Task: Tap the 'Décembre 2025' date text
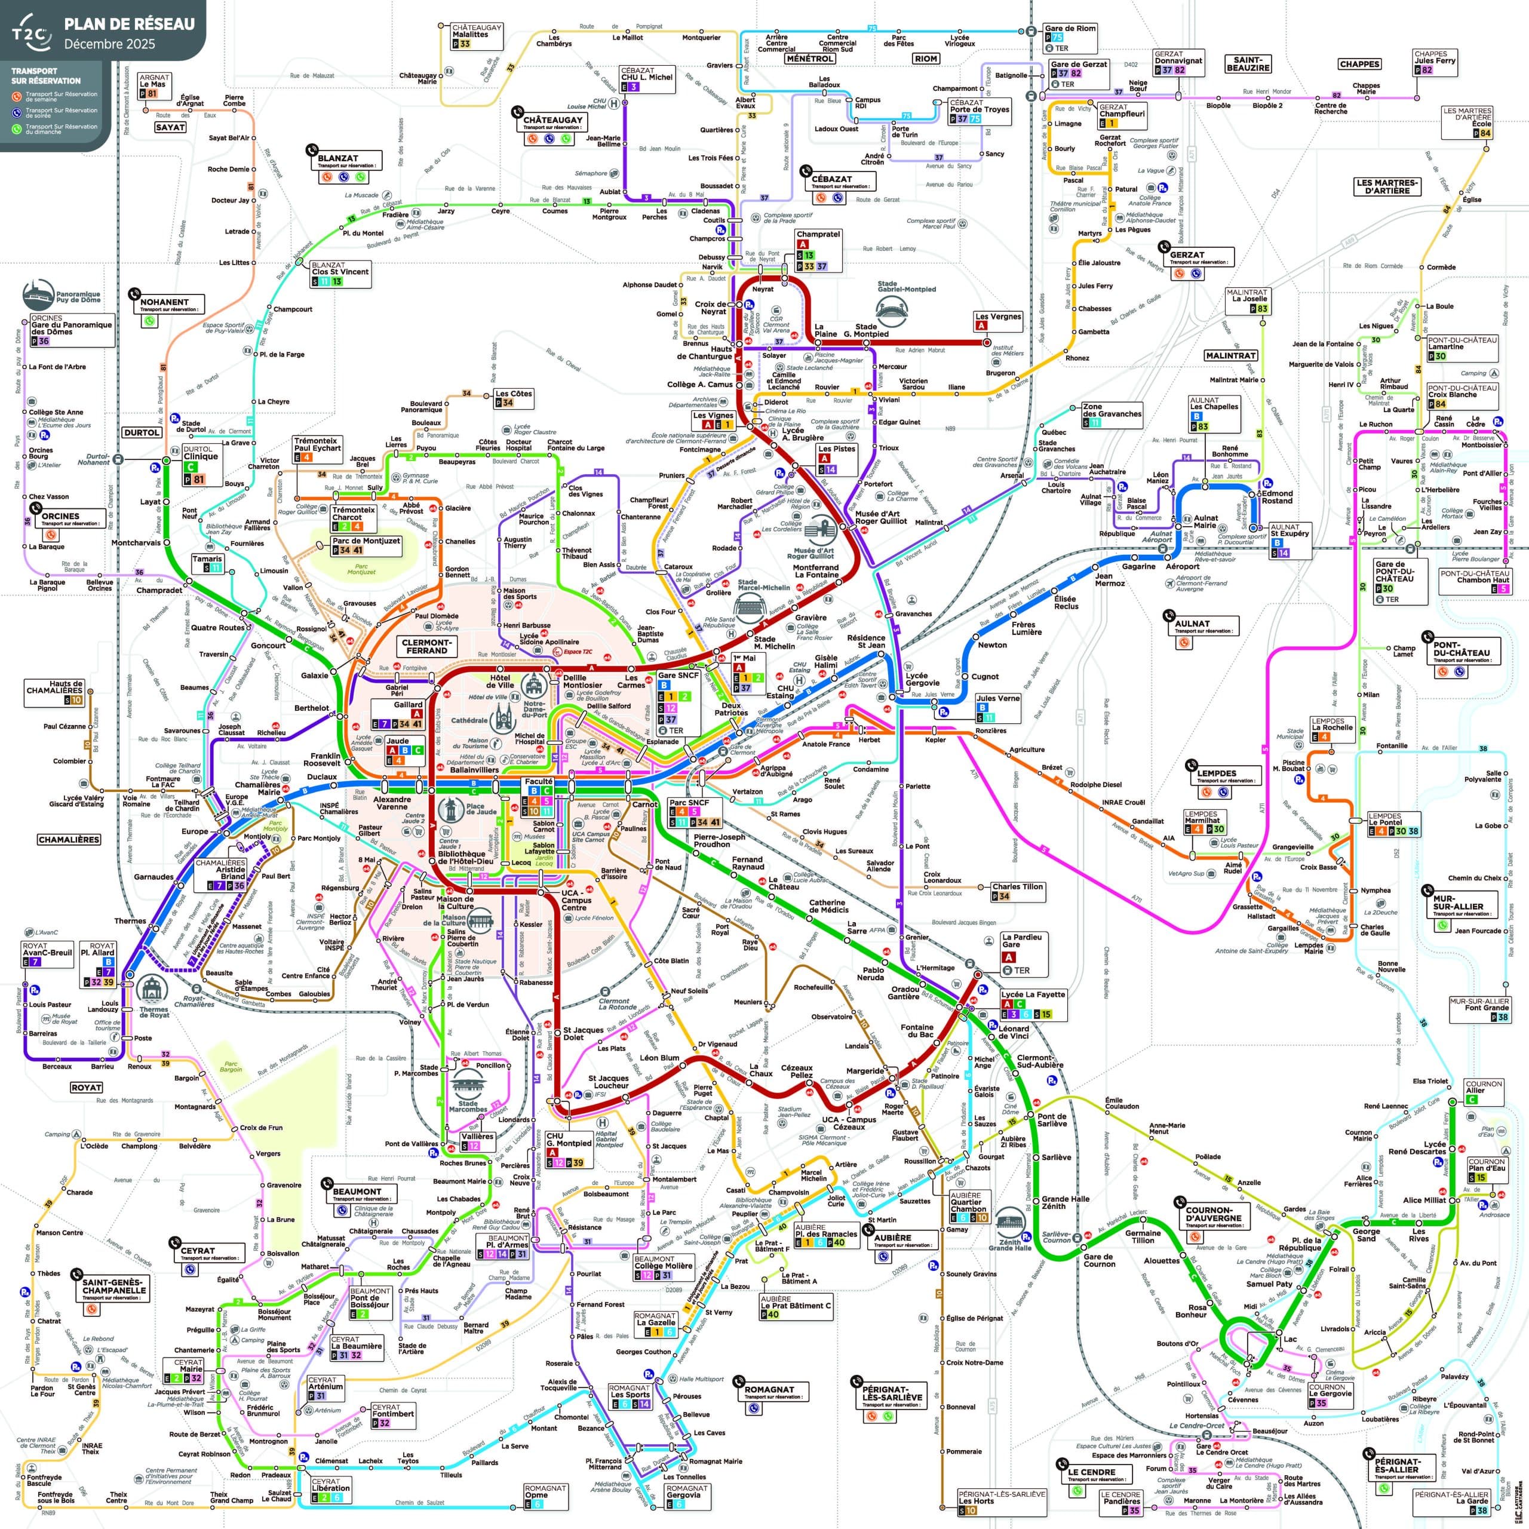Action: [109, 44]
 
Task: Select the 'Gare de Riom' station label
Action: [1069, 29]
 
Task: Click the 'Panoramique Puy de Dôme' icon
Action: [38, 295]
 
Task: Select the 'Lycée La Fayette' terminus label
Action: [1033, 994]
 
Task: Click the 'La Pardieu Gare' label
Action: [1023, 940]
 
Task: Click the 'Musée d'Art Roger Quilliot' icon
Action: [820, 529]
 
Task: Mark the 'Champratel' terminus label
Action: [818, 234]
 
